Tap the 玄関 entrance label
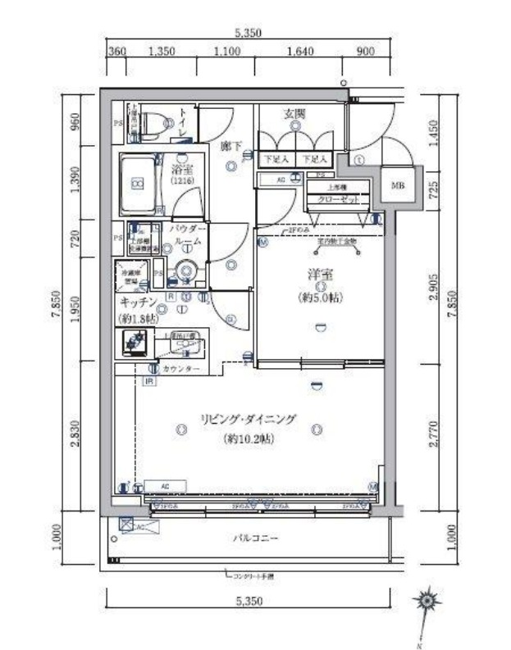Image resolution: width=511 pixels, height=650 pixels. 295,115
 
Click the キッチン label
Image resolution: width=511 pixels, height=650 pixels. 138,302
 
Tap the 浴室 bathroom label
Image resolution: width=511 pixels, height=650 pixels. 181,169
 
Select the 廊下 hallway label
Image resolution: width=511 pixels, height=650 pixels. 230,145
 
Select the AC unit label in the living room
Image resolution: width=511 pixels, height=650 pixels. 165,486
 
